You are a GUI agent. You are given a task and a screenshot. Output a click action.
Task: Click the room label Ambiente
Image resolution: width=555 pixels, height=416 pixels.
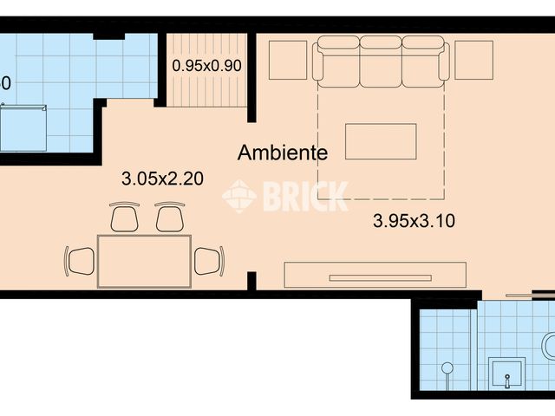[x=283, y=153]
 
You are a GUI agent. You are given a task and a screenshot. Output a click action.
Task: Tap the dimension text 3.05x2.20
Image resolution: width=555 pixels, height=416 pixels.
[x=162, y=179]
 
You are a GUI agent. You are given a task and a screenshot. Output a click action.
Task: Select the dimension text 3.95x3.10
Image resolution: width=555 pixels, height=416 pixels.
[x=414, y=221]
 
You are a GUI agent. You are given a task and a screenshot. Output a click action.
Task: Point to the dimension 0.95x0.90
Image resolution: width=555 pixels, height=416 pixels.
[x=206, y=64]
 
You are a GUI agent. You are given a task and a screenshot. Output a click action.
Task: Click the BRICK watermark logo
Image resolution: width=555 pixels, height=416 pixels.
[x=286, y=196]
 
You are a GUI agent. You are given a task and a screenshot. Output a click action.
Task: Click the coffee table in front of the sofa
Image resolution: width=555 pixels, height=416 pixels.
[x=381, y=141]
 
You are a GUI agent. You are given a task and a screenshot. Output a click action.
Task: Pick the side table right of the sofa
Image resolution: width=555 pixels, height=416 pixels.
[x=473, y=60]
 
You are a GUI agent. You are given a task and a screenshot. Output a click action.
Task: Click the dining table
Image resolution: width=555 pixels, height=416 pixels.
[x=144, y=261]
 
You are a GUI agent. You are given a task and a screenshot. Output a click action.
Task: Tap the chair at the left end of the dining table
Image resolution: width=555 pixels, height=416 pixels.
[x=80, y=259]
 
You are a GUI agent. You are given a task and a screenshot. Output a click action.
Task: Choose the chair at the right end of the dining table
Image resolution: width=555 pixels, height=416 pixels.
[x=209, y=260]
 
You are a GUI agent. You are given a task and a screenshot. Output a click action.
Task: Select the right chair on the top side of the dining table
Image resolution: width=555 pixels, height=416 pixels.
[x=170, y=217]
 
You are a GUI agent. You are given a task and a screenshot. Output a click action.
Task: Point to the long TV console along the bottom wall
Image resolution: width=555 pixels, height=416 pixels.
[x=375, y=276]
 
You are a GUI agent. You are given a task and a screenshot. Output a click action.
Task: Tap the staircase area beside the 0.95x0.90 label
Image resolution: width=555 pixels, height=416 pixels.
[x=206, y=87]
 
